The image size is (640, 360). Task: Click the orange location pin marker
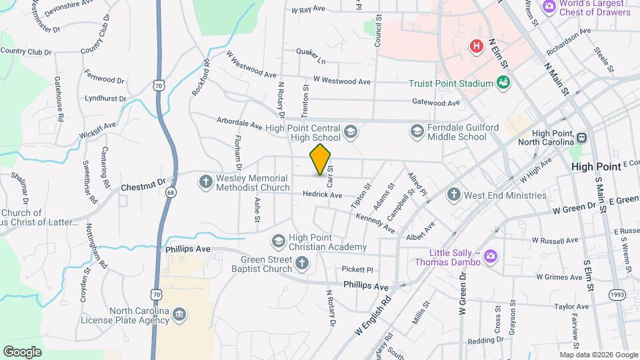tap(321, 159)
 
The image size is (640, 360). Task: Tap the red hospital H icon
tap(476, 46)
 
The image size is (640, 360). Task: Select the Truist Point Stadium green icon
tap(503, 83)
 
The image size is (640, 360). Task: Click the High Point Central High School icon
tap(351, 133)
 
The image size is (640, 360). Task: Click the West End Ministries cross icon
tap(453, 195)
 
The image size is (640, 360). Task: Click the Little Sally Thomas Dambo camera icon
tap(491, 256)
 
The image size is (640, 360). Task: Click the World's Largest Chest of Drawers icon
tap(549, 7)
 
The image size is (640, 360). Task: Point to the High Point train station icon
tap(581, 137)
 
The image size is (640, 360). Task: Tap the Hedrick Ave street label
tap(322, 195)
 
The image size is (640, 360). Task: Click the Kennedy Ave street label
tap(375, 223)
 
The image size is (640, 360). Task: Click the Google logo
tap(21, 351)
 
